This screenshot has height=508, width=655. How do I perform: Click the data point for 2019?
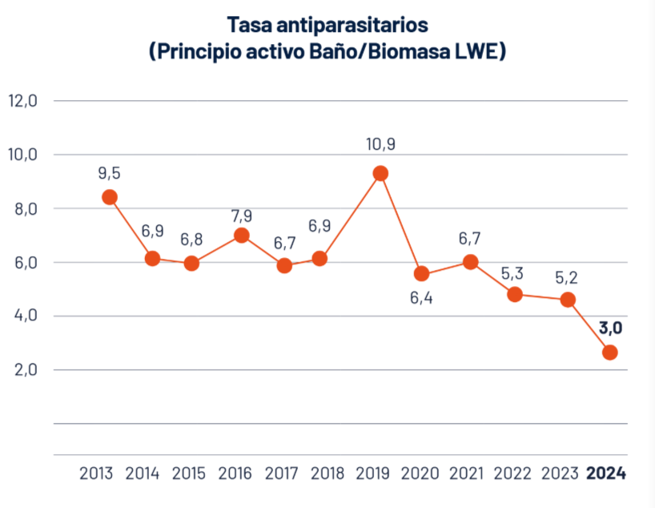coord(380,173)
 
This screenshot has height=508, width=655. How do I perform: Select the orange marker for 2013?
coord(110,197)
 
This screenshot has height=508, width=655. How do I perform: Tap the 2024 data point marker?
coord(610,353)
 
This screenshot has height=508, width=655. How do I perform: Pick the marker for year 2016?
coord(241,235)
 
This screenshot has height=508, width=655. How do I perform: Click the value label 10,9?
coord(380,144)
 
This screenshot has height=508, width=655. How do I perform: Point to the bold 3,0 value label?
coord(611,327)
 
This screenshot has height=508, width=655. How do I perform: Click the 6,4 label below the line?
coord(422,304)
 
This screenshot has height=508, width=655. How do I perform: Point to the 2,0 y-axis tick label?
coord(23,369)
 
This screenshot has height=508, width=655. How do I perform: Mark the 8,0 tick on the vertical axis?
coord(23,208)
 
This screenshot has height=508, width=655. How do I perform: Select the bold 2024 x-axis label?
coord(606,473)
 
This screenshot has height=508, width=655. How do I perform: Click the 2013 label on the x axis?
coord(96,473)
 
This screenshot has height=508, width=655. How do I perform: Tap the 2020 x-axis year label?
coord(420,473)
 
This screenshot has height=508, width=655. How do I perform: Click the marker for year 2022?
coord(515,294)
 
